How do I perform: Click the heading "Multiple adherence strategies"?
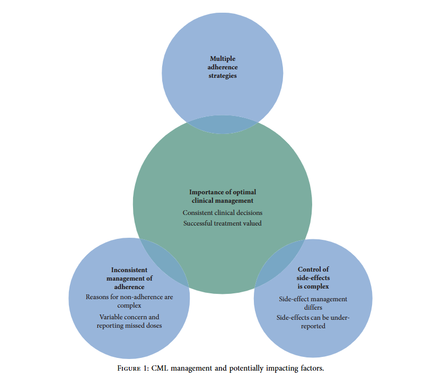[x=223, y=67]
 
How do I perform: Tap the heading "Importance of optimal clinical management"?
[x=223, y=196]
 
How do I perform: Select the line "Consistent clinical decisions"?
[x=223, y=212]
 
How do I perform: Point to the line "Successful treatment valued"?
[x=223, y=223]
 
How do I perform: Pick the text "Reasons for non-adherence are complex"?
[x=129, y=301]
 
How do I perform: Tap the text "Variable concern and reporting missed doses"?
[x=129, y=321]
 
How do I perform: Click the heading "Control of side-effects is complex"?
[x=313, y=278]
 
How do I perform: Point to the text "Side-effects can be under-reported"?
[x=313, y=322]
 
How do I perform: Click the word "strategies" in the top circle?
[x=223, y=76]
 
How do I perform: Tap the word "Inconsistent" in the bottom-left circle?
[x=129, y=270]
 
